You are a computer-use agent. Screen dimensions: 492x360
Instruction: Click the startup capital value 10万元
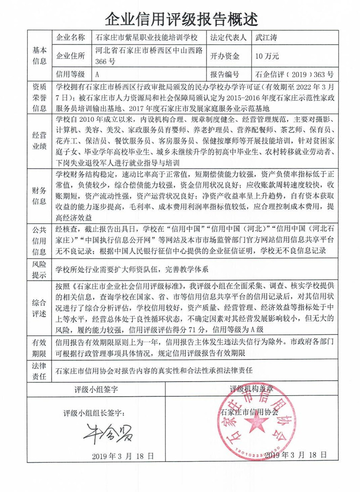pos(267,56)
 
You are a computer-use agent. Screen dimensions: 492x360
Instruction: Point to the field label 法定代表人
pos(228,38)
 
